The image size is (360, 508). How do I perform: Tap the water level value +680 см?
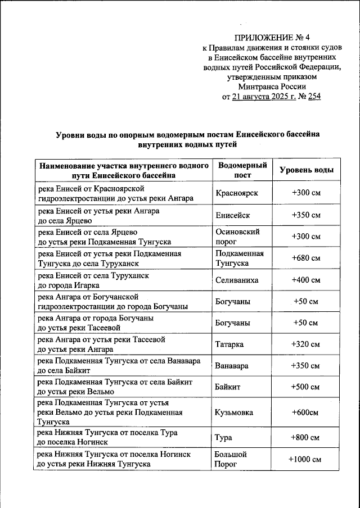point(305,258)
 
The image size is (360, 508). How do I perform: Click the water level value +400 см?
point(305,279)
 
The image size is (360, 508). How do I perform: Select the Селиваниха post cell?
point(238,279)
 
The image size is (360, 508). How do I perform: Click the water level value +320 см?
point(305,344)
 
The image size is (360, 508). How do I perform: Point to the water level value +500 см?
point(305,387)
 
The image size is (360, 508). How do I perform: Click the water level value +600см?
point(305,412)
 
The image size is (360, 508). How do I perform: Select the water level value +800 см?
point(305,438)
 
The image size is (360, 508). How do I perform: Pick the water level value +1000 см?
point(305,459)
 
